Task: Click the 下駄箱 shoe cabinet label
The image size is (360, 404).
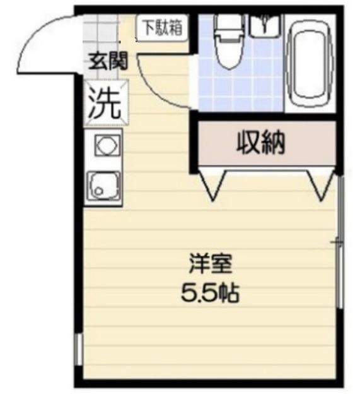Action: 160,28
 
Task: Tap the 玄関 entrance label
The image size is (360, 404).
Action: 108,61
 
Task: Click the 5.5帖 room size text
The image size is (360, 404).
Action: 210,294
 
